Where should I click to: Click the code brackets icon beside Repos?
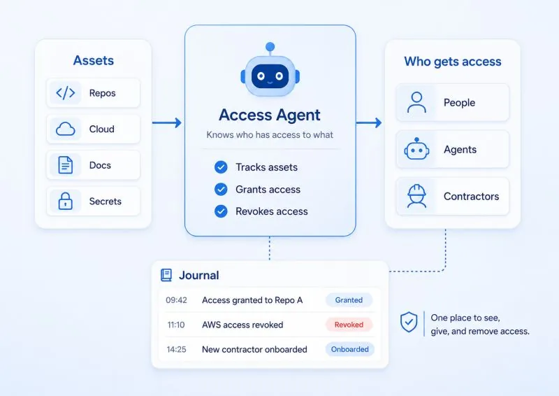coord(66,93)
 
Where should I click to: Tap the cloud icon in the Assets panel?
coord(66,129)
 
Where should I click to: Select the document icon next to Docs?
coord(65,165)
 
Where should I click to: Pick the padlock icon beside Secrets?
coord(65,201)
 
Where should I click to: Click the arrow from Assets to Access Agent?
coord(167,123)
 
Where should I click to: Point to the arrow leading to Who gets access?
coord(369,123)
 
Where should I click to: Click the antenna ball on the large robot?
coord(270,46)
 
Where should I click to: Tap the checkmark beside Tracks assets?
coord(221,167)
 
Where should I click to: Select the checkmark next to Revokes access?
coord(221,211)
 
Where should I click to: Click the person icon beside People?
coord(416,102)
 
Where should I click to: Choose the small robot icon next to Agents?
coord(416,148)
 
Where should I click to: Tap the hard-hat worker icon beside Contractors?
coord(416,196)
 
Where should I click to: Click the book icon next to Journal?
coord(166,275)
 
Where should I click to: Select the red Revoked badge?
coord(349,325)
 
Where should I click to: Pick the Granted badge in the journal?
coord(349,300)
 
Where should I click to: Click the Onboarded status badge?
coord(350,349)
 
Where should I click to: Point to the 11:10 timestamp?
coord(176,325)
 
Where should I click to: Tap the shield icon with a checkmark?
coord(409,322)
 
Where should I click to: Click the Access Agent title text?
coord(270,115)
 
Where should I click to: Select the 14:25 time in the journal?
coord(177,349)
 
